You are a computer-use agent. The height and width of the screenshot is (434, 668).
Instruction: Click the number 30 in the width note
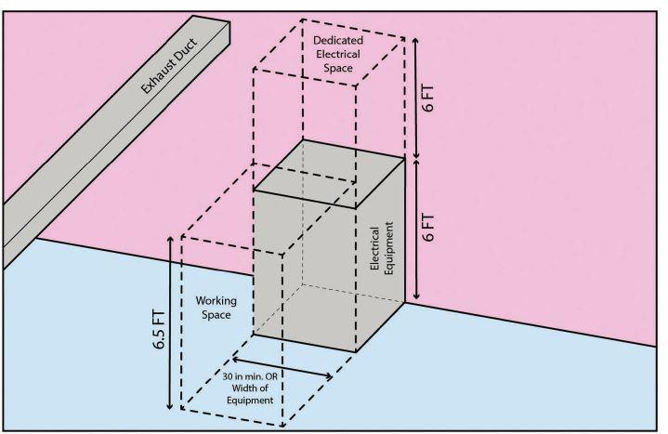[x=235, y=375]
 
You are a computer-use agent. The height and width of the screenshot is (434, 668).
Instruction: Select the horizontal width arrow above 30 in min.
[x=282, y=368]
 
